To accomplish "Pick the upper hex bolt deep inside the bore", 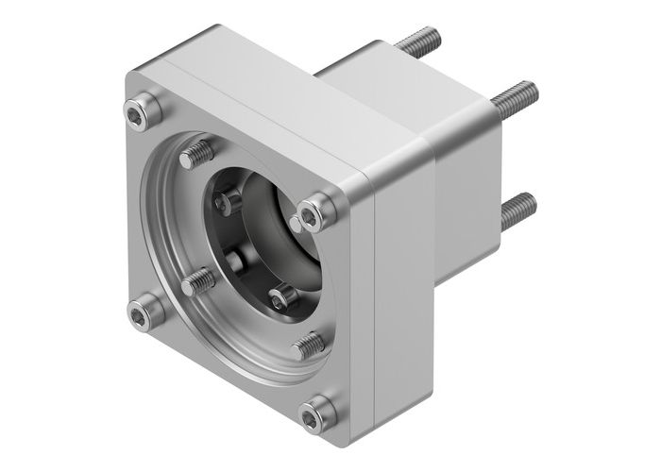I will [225, 199].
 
